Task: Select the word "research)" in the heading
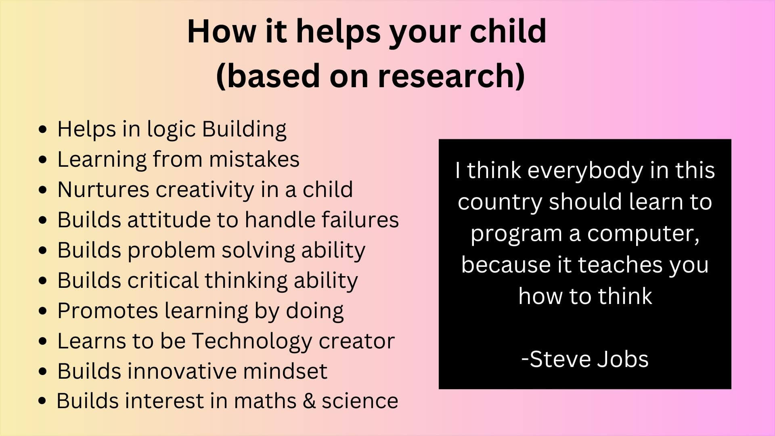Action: click(x=452, y=75)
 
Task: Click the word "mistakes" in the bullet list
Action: click(x=254, y=159)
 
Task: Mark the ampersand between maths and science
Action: click(x=309, y=401)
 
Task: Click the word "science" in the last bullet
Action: click(x=360, y=401)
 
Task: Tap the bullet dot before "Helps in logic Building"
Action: click(x=43, y=130)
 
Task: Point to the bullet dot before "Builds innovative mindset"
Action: click(x=43, y=371)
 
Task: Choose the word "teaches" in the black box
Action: click(x=620, y=265)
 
